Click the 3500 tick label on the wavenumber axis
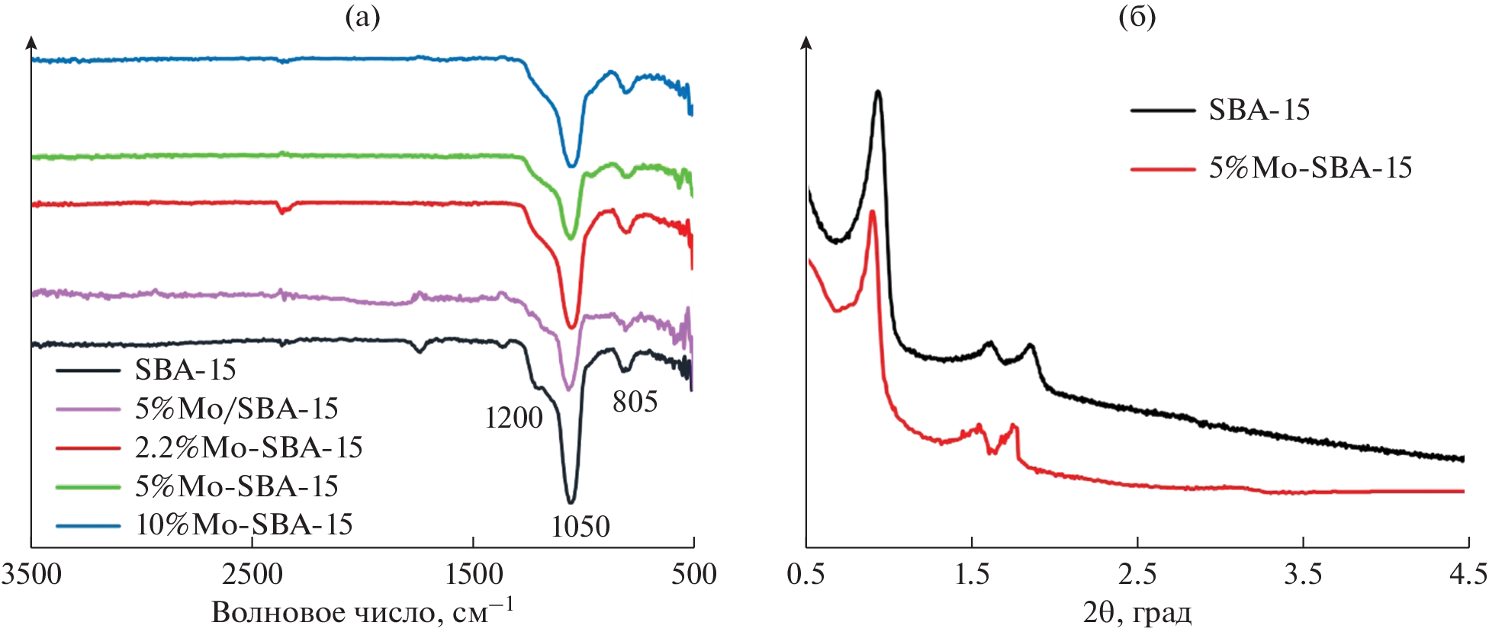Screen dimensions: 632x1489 point(31,574)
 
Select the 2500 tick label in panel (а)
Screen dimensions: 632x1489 point(252,574)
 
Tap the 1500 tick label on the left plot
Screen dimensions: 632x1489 point(474,574)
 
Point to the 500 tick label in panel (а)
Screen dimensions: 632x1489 point(693,574)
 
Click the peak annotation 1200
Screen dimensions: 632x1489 point(513,418)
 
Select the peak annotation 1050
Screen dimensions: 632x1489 point(580,527)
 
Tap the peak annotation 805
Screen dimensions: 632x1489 point(635,402)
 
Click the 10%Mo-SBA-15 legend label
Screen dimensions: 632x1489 point(244,525)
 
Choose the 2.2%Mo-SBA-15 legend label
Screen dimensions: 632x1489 point(249,448)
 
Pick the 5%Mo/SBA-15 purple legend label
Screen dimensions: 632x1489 point(236,409)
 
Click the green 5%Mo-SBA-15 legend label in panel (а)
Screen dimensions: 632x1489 point(236,486)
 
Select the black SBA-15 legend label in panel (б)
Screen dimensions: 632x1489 point(1259,111)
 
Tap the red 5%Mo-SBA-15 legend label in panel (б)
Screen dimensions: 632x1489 point(1311,168)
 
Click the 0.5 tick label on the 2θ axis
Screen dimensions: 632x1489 point(806,574)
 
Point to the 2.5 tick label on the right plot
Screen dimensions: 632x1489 point(1137,574)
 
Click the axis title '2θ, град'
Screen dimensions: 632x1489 point(1137,612)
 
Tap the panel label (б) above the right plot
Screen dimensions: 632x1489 point(1137,17)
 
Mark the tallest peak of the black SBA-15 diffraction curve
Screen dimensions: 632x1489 point(878,92)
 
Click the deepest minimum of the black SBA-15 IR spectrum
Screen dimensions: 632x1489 point(570,502)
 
